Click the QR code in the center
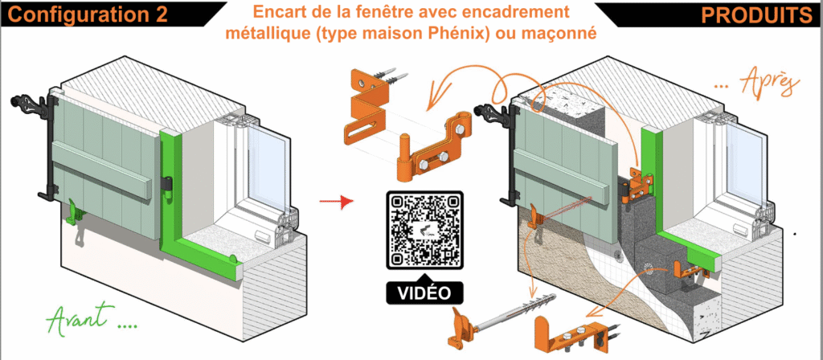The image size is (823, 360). tap(425, 230)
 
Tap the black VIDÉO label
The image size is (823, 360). tap(425, 292)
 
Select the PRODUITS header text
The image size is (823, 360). tap(756, 15)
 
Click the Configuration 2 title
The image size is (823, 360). tap(88, 14)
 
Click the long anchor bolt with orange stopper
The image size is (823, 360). tap(484, 323)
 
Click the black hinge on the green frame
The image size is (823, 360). tap(167, 184)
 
